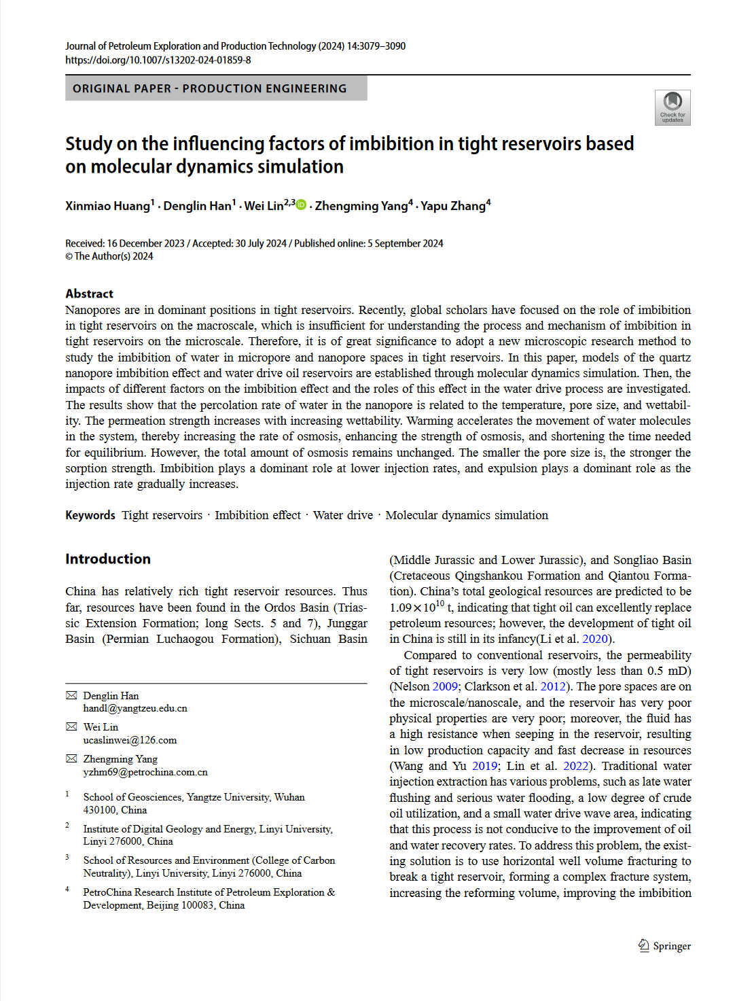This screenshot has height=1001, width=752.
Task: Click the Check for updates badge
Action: point(672,107)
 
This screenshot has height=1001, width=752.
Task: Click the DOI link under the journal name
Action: point(158,60)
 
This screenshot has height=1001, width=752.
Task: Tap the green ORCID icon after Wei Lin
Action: point(301,205)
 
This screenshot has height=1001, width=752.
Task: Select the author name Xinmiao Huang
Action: point(107,206)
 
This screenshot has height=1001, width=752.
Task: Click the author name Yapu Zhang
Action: point(453,206)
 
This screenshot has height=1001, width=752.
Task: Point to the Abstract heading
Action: point(89,294)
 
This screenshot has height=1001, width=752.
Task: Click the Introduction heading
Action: point(108,559)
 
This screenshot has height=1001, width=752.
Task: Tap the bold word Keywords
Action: point(90,515)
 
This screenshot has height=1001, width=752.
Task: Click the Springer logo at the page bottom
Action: point(664,945)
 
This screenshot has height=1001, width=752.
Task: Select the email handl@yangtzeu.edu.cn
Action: point(135,708)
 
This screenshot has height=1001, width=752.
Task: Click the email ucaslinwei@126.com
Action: point(130,740)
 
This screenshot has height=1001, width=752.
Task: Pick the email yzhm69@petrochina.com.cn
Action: point(145,772)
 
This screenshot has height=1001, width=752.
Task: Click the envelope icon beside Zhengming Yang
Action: point(71,758)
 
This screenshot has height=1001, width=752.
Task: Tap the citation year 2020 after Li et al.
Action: point(595,639)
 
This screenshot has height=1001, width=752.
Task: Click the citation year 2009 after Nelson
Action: point(445,686)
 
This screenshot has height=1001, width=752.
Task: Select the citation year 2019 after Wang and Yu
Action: point(484,766)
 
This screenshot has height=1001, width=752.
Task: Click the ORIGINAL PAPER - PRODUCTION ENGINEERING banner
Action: point(216,88)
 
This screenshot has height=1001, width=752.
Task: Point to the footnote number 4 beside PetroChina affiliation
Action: point(67,889)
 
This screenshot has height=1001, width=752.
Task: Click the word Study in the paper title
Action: point(89,144)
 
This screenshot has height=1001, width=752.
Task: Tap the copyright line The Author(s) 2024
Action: point(109,256)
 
